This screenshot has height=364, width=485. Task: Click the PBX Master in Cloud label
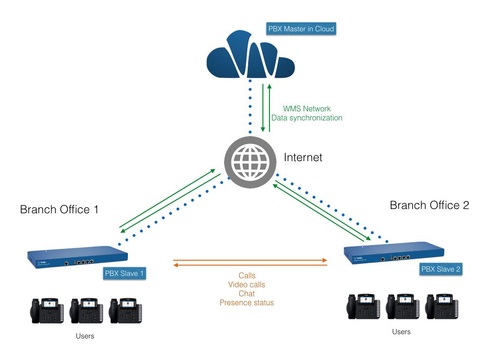pos(301,29)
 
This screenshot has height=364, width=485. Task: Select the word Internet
pos(303,157)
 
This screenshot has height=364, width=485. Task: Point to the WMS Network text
pos(307,109)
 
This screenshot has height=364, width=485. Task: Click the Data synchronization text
pos(307,118)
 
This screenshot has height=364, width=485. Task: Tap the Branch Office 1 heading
pos(59,209)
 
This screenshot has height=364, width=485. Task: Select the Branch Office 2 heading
pos(429,205)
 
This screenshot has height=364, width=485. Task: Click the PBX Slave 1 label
pos(124,273)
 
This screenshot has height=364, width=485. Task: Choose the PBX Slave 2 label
pos(440,269)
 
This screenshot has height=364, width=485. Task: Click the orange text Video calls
pos(247,285)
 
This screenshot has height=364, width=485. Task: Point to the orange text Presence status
pos(247,302)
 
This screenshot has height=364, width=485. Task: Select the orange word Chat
pos(247,293)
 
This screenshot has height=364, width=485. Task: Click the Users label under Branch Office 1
pos(85,336)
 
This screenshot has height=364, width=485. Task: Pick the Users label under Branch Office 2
pos(401,332)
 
